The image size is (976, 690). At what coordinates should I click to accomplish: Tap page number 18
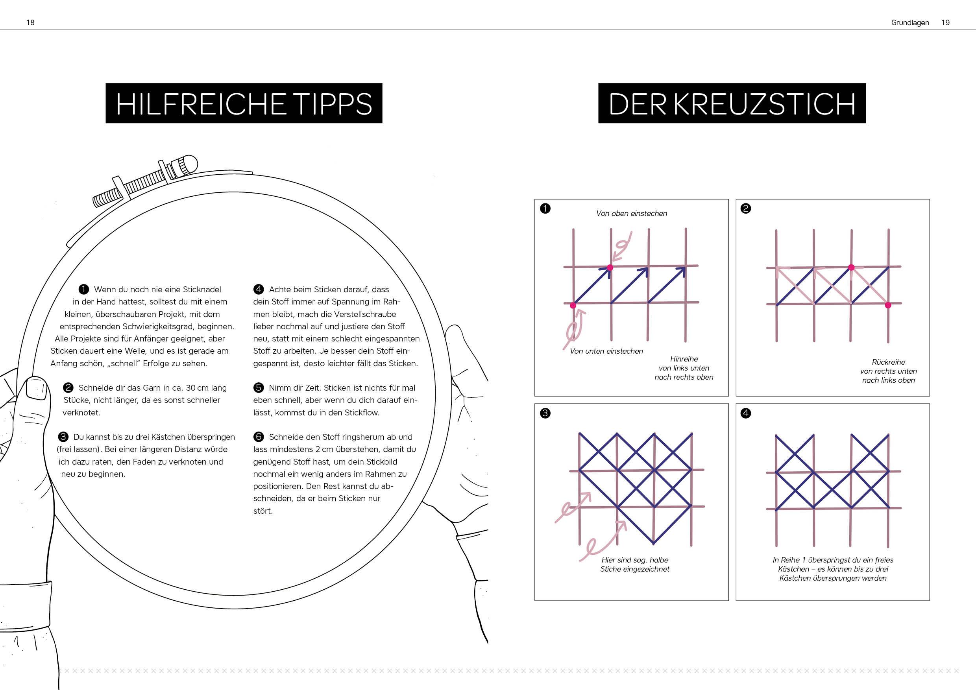[x=30, y=22]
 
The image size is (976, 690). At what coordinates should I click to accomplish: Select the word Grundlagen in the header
[x=910, y=23]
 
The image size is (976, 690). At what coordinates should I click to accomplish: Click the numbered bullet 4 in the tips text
[x=259, y=290]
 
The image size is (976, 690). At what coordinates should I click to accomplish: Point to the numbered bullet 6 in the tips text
[x=259, y=437]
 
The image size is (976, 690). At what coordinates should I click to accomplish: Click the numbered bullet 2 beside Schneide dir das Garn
[x=68, y=387]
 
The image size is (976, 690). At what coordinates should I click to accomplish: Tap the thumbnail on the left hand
[x=36, y=388]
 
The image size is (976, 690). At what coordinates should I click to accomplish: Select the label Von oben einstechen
[x=631, y=213]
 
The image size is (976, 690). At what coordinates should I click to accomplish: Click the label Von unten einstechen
[x=606, y=351]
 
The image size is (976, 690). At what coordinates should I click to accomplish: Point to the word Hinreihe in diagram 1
[x=684, y=359]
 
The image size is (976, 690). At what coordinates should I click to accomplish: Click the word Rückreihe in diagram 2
[x=888, y=362]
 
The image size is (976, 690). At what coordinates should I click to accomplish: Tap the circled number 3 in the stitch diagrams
[x=545, y=413]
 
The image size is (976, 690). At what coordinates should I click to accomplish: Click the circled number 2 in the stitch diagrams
[x=746, y=208]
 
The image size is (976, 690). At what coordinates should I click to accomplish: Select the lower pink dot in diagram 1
[x=573, y=305]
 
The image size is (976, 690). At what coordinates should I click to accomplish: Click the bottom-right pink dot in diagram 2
[x=887, y=305]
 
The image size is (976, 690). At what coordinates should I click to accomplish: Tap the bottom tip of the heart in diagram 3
[x=653, y=543]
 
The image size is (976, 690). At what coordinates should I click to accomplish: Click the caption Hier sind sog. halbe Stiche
[x=635, y=564]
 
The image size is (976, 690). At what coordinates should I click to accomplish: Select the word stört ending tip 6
[x=263, y=511]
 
